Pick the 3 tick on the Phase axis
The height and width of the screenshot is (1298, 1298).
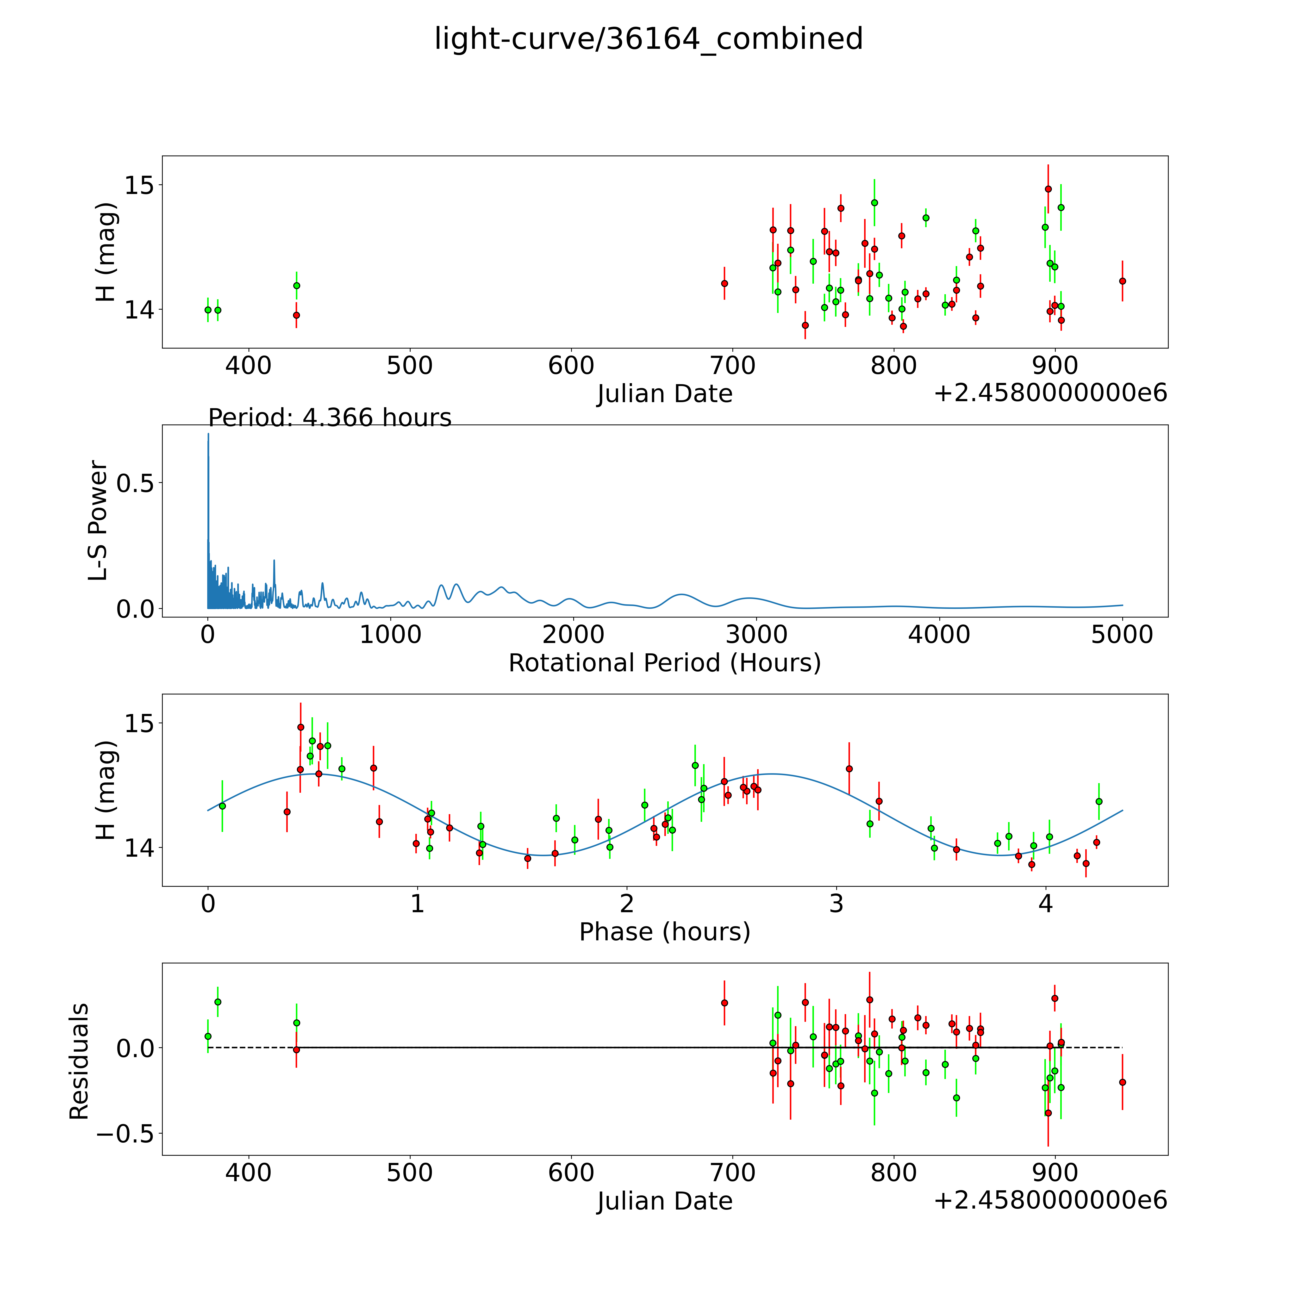point(836,904)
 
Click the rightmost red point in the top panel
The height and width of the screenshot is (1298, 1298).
point(1122,281)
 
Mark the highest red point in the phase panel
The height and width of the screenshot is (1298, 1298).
point(300,727)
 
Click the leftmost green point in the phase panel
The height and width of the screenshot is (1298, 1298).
point(222,805)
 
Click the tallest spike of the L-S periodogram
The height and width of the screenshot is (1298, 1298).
point(208,434)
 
